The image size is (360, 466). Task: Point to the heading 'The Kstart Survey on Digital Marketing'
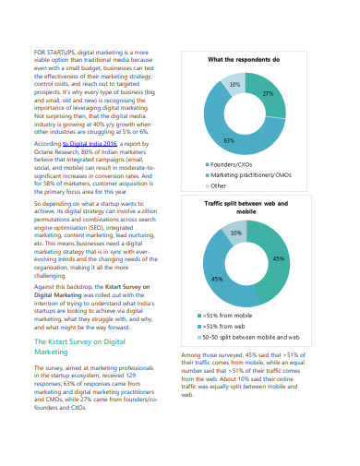click(x=79, y=346)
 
